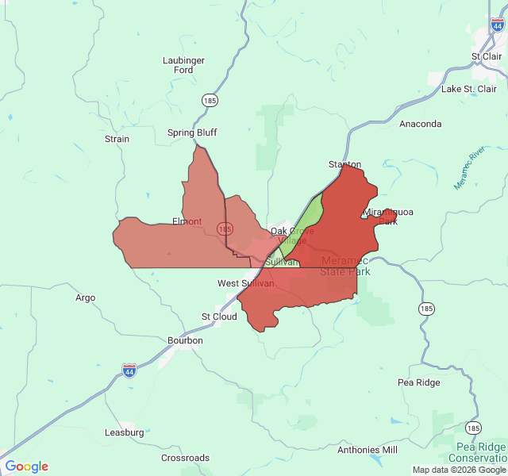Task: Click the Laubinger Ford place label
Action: click(x=183, y=65)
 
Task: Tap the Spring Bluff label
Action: click(x=191, y=132)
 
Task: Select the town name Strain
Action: click(x=117, y=139)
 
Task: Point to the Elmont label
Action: click(x=187, y=221)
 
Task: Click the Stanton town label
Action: click(x=344, y=165)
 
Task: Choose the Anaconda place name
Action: click(x=420, y=124)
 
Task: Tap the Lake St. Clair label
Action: click(x=468, y=89)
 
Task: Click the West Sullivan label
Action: click(x=246, y=283)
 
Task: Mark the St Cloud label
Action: click(x=219, y=317)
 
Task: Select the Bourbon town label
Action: click(x=185, y=340)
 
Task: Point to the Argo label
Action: click(x=85, y=298)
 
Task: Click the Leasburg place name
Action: click(x=125, y=432)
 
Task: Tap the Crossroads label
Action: click(x=185, y=458)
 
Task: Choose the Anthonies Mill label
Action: click(x=367, y=450)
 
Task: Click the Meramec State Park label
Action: click(x=345, y=267)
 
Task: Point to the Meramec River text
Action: click(x=469, y=168)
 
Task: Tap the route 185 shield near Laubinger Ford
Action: click(x=210, y=101)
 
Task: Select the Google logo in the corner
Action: click(x=26, y=466)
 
